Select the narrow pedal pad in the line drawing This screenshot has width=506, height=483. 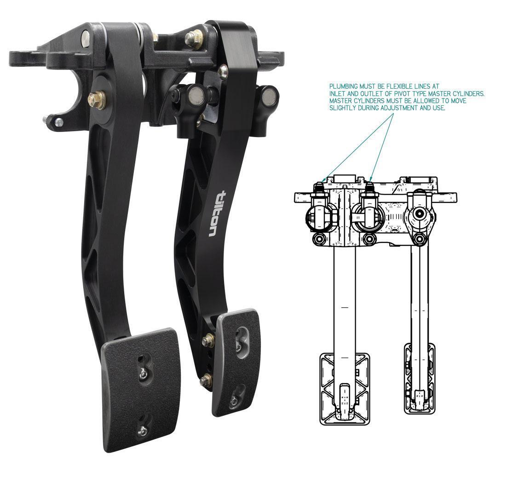[x=419, y=377]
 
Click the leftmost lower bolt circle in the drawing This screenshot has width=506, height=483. [x=317, y=239]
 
